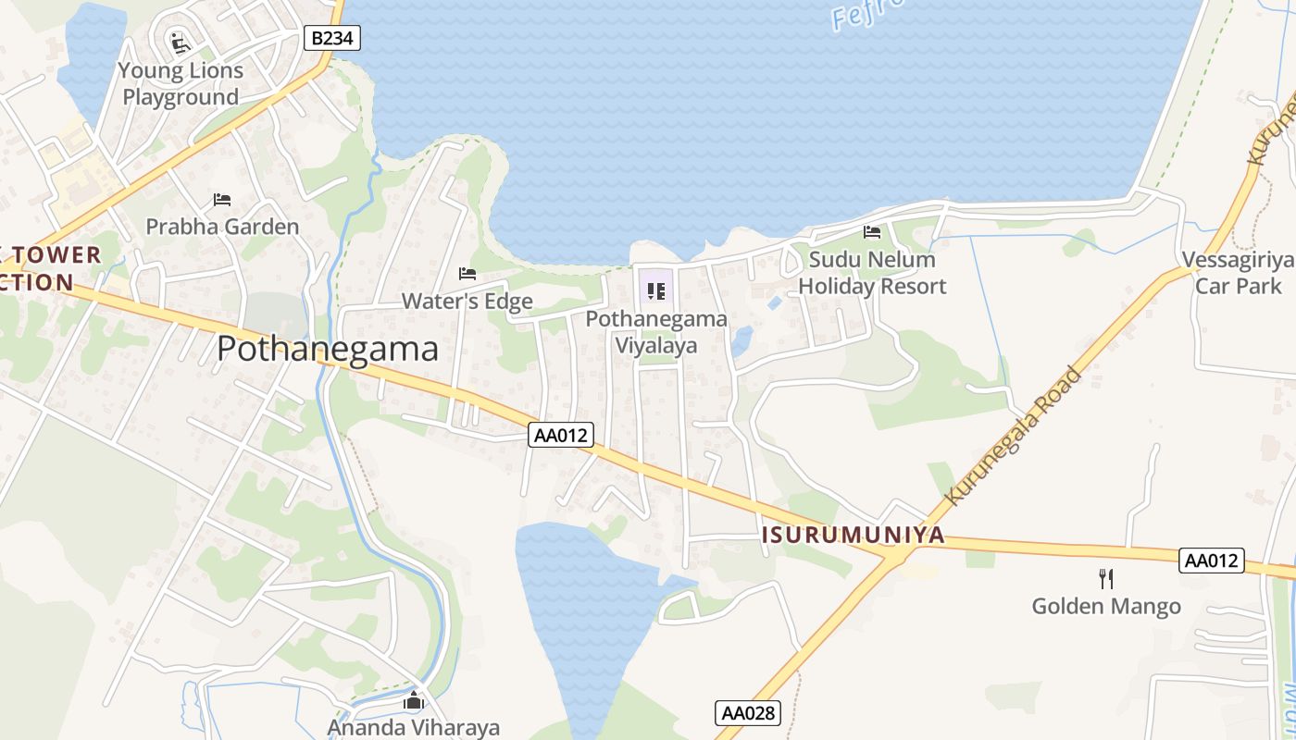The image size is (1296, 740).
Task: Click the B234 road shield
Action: pos(331,38)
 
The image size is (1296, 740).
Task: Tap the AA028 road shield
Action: pos(748,713)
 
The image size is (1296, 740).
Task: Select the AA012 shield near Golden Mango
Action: pos(1212,561)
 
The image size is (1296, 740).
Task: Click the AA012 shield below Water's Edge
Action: pos(561,435)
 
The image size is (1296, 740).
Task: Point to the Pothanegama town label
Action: pos(328,349)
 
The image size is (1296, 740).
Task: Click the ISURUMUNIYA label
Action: pos(853,535)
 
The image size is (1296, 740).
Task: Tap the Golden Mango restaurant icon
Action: pos(1105,579)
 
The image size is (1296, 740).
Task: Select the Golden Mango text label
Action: pos(1106,607)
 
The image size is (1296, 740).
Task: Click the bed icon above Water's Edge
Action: pos(467,274)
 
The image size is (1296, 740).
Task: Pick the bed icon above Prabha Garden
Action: pos(222,199)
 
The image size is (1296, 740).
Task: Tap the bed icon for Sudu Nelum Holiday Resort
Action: pos(872,232)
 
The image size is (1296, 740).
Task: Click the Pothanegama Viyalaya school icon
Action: pos(656,291)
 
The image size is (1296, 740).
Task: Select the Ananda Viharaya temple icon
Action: pos(413,701)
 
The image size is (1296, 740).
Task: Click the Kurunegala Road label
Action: pos(1013,436)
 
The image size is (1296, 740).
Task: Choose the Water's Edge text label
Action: pos(467,302)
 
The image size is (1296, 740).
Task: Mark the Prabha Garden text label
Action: pos(222,227)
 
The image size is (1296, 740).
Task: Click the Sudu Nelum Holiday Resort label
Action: pos(872,273)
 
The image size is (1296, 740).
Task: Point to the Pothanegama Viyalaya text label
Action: pos(656,332)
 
